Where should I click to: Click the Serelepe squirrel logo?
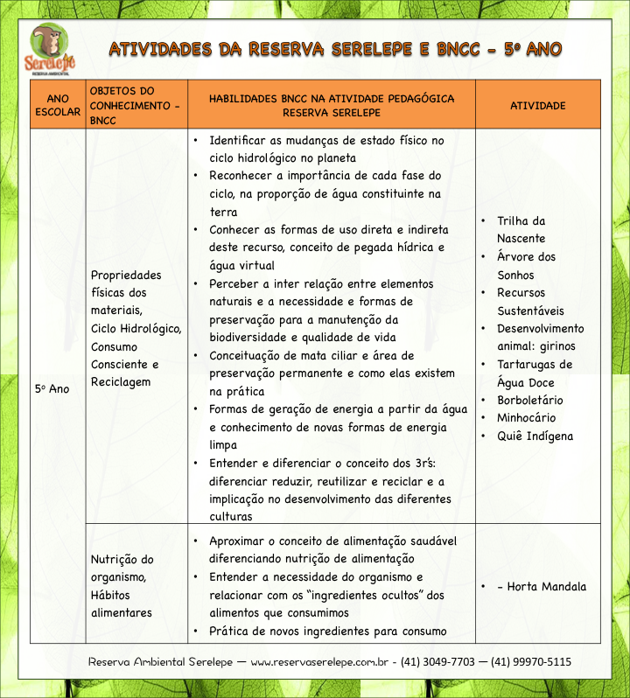(x=50, y=50)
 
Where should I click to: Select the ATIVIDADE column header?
(x=537, y=106)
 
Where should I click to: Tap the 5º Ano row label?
(x=52, y=388)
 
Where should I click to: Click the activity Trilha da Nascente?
(x=521, y=230)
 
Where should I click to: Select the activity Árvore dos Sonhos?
(x=526, y=266)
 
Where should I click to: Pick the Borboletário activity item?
(x=530, y=400)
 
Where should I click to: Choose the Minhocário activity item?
(x=526, y=418)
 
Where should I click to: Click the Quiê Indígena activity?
(x=535, y=436)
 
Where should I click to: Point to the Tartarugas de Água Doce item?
(x=534, y=373)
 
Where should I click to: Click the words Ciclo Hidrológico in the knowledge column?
(x=136, y=329)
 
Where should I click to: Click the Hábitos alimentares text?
(x=122, y=604)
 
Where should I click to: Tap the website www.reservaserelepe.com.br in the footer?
(x=318, y=662)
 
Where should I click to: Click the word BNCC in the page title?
(x=455, y=49)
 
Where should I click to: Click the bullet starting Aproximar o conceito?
(x=332, y=541)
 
